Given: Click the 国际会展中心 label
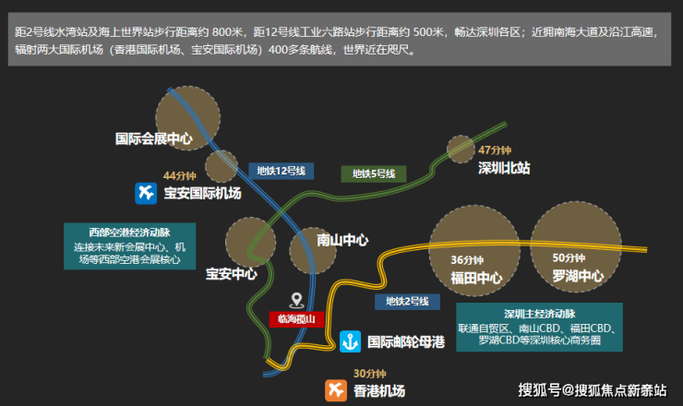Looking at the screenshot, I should (153, 139).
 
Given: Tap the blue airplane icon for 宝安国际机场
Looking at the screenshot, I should (145, 193).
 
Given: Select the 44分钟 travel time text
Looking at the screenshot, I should (180, 175).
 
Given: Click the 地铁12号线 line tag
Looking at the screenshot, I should (282, 171).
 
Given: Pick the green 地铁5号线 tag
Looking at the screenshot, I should (373, 173).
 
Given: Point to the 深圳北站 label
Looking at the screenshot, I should (504, 168).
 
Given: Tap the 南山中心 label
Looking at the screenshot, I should (342, 240).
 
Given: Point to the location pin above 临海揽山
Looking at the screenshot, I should (296, 300).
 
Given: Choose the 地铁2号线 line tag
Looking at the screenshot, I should (407, 301).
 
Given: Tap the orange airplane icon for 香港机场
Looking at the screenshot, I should (334, 390).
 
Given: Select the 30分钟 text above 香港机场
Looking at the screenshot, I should (369, 374).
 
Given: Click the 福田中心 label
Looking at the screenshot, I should (475, 276).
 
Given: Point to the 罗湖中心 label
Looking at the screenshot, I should (578, 276).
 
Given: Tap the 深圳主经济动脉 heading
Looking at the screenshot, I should (539, 313).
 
